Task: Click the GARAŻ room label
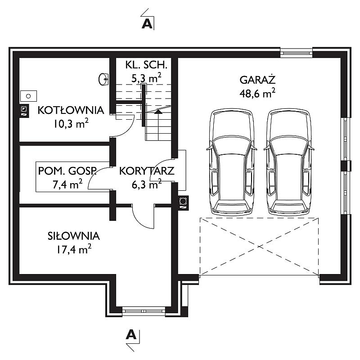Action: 257,80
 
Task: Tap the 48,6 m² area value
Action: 257,93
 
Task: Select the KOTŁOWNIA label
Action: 71,110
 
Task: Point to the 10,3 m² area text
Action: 71,123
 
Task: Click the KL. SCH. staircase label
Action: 146,65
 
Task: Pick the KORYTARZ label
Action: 147,171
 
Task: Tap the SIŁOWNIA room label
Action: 73,236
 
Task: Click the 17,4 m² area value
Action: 74,249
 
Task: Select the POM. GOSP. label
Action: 67,171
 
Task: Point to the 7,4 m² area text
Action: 67,184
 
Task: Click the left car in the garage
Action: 232,162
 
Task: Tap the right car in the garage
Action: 289,162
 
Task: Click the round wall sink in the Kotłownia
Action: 103,79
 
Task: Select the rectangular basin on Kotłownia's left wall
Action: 28,96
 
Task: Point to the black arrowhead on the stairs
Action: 158,112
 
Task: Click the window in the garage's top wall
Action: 296,53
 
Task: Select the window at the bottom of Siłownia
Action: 144,311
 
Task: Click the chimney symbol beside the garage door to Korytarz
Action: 183,203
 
